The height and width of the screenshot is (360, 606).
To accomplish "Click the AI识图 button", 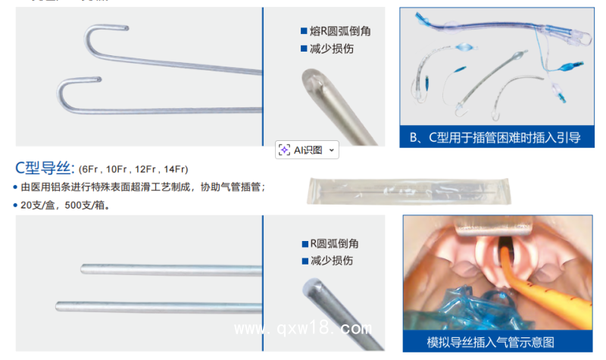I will click(301, 150).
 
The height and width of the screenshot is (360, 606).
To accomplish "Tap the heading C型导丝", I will click(43, 167).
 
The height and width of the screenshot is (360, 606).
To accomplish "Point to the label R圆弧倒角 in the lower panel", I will click(334, 243).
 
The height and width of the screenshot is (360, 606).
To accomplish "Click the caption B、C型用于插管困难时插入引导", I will click(495, 137).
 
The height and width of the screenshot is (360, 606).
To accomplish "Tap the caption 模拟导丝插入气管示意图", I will click(491, 342).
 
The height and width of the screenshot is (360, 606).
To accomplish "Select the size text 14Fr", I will click(175, 168).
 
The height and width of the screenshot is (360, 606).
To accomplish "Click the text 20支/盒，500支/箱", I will click(64, 205).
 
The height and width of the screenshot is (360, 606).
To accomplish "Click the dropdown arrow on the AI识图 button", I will click(331, 150).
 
